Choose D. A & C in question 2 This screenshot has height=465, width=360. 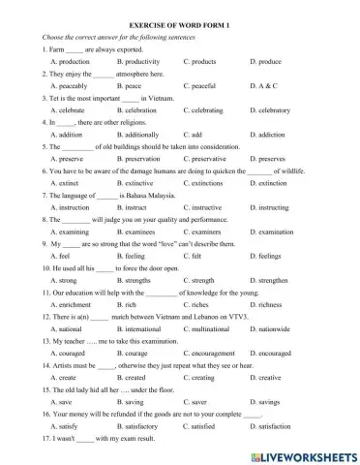coord(265,86)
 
